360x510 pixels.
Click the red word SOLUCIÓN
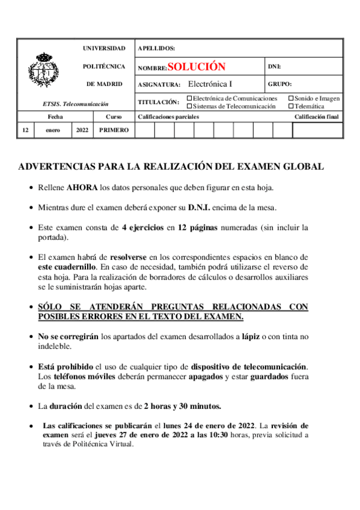click(x=197, y=67)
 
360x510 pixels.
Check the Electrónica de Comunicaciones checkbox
click(x=190, y=98)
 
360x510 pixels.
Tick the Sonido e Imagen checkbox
click(x=291, y=98)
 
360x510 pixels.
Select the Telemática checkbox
click(x=291, y=106)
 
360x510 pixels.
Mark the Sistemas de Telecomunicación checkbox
click(x=190, y=106)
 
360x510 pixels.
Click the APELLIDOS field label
click(x=156, y=48)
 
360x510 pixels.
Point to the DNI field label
click(x=273, y=67)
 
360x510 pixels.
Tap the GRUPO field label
click(x=279, y=84)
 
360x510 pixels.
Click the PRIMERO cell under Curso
click(x=114, y=131)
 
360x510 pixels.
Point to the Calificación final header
click(x=317, y=117)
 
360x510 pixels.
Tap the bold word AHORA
click(x=82, y=187)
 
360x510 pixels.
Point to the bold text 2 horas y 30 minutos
click(x=183, y=406)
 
